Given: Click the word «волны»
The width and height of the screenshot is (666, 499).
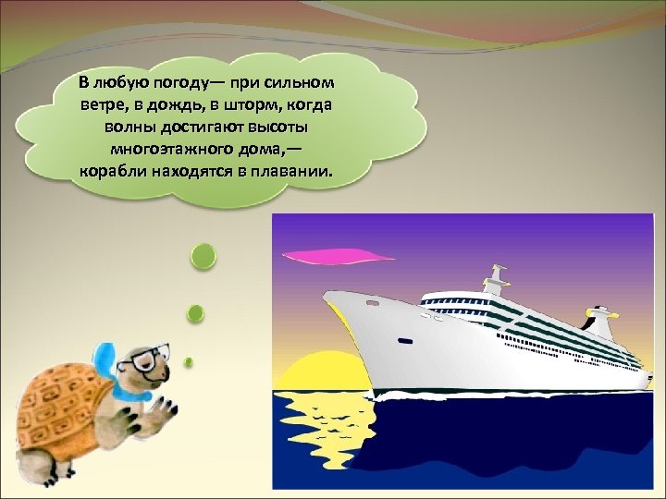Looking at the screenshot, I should coord(138,127).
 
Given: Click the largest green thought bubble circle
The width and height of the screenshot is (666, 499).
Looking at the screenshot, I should coord(203,257).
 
